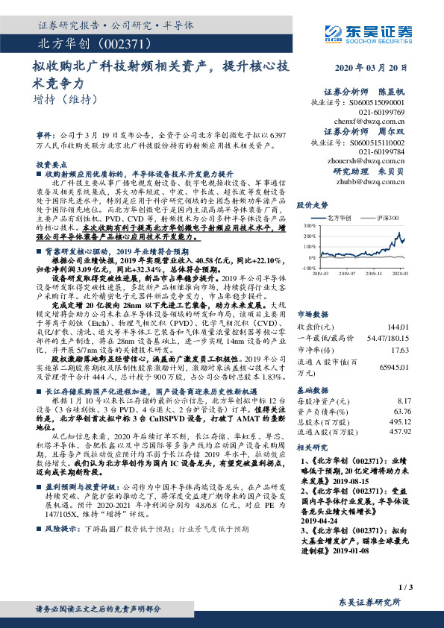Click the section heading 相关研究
click(312, 447)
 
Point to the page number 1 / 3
click(406, 588)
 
